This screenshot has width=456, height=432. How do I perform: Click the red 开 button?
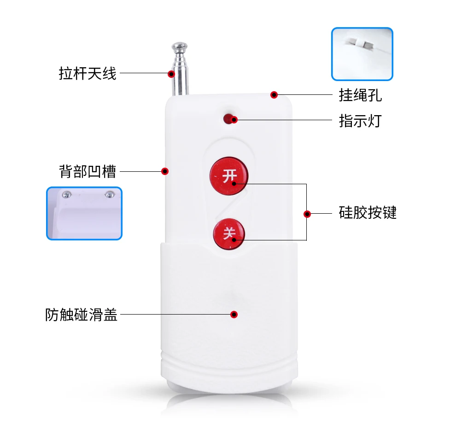[229, 175]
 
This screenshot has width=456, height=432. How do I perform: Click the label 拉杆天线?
[88, 73]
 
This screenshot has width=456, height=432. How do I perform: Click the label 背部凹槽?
[88, 171]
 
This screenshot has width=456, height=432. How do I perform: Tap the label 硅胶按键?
[368, 213]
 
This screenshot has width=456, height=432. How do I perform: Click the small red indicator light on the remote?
[228, 118]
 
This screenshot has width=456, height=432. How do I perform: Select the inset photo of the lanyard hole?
[362, 54]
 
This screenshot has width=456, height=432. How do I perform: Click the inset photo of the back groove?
[84, 213]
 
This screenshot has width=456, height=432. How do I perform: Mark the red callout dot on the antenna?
[171, 74]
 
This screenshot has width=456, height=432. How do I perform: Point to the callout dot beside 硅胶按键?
[307, 214]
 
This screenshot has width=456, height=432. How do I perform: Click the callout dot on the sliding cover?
[234, 315]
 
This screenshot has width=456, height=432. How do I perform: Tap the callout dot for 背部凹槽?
[164, 171]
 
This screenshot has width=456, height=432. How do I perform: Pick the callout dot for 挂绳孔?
[274, 95]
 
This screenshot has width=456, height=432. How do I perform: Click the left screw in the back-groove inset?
[67, 194]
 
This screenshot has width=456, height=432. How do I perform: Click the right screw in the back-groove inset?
[109, 194]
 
